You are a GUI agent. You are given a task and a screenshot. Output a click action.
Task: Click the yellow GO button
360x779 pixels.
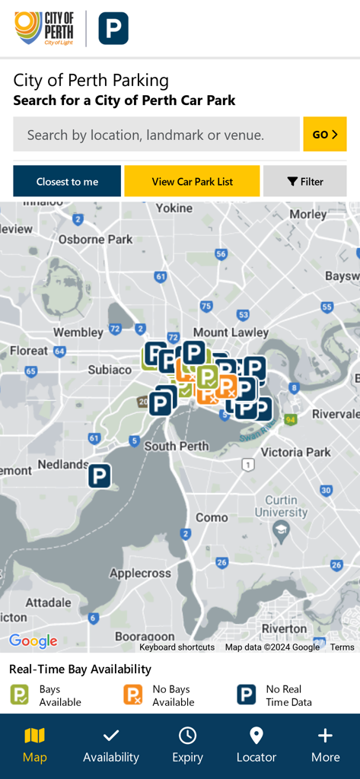click(x=324, y=135)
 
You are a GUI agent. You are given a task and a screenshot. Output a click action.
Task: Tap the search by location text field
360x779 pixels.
click(x=156, y=135)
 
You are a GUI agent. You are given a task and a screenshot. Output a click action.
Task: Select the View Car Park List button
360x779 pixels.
click(x=192, y=182)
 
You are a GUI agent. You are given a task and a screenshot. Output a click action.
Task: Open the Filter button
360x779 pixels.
click(x=304, y=182)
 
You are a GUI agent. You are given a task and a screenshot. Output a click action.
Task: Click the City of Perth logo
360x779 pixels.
click(x=44, y=29)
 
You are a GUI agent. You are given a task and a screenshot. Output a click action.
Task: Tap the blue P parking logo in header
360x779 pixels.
click(x=113, y=29)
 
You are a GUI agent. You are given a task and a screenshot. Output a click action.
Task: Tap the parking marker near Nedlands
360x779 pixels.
click(x=100, y=476)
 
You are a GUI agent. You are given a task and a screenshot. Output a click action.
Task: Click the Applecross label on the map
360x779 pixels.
click(x=139, y=573)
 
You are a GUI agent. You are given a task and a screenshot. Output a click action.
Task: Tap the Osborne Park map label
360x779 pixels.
click(x=96, y=239)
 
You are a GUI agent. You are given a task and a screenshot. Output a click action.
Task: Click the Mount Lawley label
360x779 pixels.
click(x=231, y=332)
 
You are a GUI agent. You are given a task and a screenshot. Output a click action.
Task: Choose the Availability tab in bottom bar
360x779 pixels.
click(x=111, y=745)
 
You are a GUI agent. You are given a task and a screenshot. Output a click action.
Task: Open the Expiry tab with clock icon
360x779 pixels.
click(x=187, y=745)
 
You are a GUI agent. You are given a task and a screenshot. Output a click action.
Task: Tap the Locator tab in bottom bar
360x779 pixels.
click(x=256, y=745)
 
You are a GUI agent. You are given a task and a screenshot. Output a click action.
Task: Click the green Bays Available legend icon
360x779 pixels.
click(x=19, y=695)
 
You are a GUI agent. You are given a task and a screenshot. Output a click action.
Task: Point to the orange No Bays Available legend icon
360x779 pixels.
click(x=133, y=695)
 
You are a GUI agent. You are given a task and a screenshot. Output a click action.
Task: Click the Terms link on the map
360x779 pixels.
click(x=342, y=647)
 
